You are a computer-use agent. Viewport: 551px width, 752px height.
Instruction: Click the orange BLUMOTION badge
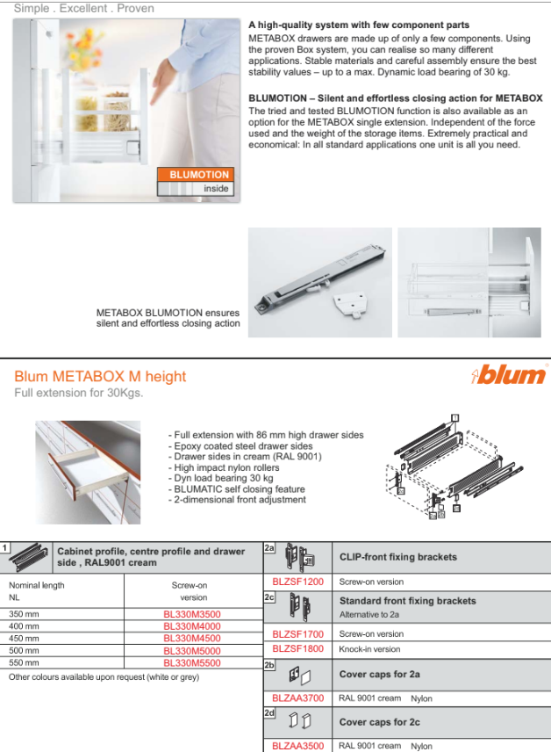click(x=196, y=174)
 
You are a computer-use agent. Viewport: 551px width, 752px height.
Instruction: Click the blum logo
click(x=509, y=376)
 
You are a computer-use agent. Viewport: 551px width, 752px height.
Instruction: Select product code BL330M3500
click(x=192, y=614)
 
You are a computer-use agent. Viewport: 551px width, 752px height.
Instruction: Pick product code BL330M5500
click(x=192, y=663)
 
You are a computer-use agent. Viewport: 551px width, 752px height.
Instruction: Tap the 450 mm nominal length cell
click(x=25, y=639)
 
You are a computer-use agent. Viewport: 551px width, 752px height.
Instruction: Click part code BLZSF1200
click(x=297, y=582)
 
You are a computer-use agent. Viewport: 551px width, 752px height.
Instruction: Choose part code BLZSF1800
click(x=297, y=649)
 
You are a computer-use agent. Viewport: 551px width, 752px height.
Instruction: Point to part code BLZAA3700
click(x=297, y=698)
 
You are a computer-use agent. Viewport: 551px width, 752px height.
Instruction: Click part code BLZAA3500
click(x=297, y=746)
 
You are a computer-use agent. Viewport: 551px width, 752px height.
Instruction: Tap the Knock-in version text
click(x=369, y=649)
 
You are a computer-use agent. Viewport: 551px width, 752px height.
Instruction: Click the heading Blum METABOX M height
click(x=100, y=376)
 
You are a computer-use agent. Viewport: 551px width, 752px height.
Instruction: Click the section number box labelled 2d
click(x=270, y=713)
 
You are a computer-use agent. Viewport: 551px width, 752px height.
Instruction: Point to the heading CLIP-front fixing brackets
click(x=397, y=557)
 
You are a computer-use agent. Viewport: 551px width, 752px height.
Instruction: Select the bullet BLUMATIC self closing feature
click(x=236, y=489)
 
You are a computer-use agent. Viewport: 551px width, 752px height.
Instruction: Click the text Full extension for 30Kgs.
click(x=79, y=394)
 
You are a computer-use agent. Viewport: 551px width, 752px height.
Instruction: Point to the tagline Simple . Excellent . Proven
click(x=83, y=8)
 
